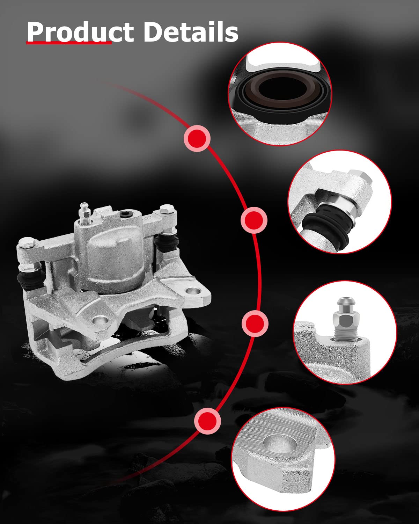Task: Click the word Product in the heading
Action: click(80, 32)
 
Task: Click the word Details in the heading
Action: click(191, 32)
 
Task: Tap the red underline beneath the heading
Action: click(69, 43)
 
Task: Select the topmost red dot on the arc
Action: click(197, 138)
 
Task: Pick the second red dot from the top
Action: click(254, 220)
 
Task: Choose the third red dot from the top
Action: click(255, 323)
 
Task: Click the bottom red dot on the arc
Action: click(208, 421)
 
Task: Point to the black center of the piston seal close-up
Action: click(282, 89)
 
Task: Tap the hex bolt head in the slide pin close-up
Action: click(360, 176)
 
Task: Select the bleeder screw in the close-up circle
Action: click(346, 319)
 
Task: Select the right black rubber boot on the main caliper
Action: click(166, 242)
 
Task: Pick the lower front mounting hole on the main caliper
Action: click(100, 320)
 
